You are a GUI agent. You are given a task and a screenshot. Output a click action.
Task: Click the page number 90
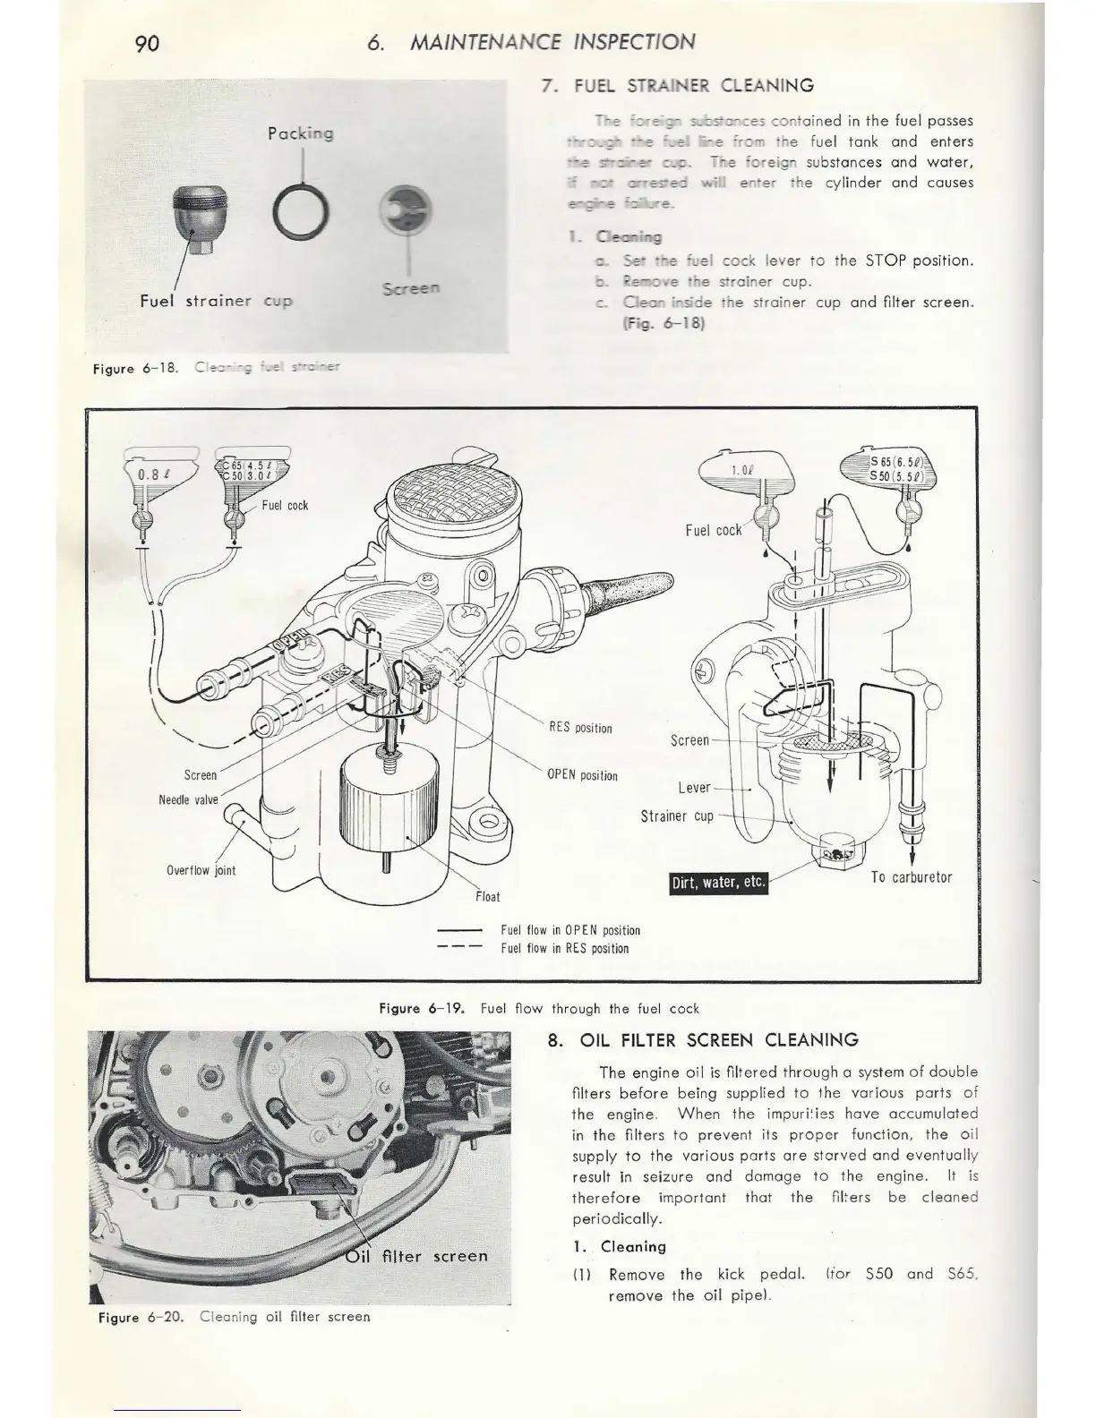147,43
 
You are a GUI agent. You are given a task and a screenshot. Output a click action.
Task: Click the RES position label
580,727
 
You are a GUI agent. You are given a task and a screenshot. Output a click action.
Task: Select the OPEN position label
582,775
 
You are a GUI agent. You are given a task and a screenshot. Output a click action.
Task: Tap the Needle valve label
188,799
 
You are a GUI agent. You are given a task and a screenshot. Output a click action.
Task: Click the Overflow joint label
201,870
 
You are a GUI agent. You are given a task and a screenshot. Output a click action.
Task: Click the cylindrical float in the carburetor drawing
388,801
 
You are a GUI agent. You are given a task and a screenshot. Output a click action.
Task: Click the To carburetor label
912,876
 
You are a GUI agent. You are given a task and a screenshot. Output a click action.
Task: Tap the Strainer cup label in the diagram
677,816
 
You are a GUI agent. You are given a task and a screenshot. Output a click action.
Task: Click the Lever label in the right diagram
694,787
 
